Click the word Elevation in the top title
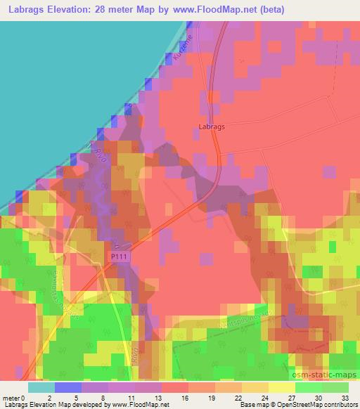[73, 8]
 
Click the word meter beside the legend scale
[11, 397]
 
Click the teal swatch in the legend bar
[41, 387]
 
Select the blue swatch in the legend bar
[68, 387]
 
